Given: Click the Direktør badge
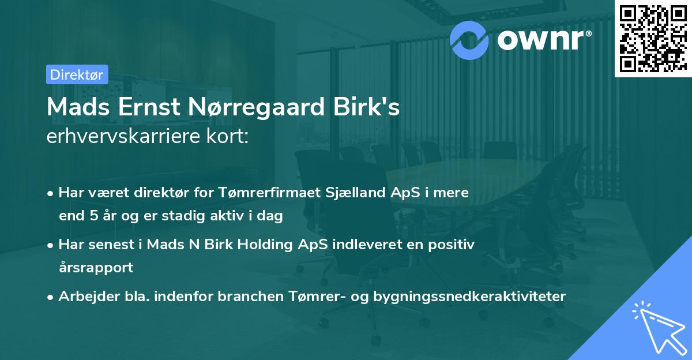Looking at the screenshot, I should click(77, 74).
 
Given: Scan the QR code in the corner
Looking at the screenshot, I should click(653, 38).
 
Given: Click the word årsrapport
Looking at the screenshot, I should click(96, 268).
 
